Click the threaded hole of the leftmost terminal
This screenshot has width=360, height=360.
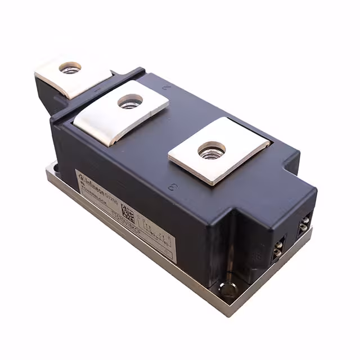(x=70, y=67)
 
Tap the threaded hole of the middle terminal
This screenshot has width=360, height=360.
(x=130, y=101)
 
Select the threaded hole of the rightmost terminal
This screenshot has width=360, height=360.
(x=211, y=149)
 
